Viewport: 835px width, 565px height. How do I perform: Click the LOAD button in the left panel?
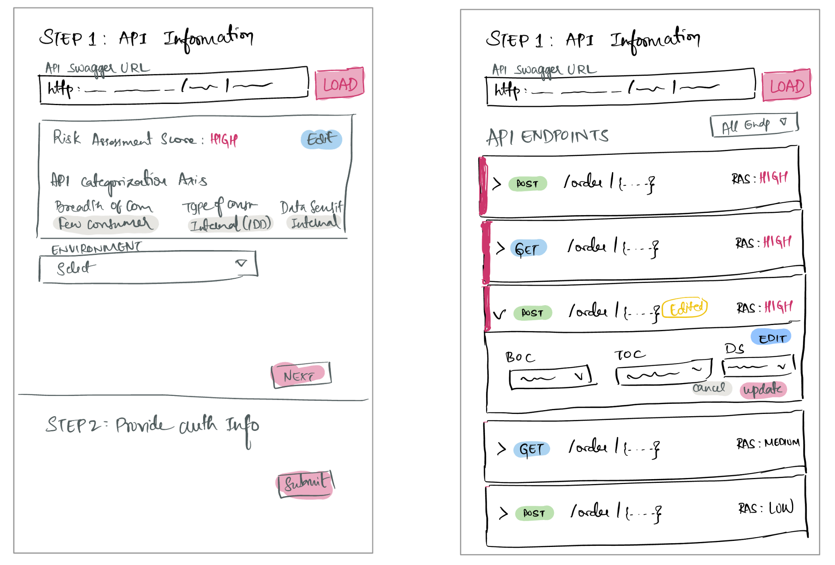(x=340, y=84)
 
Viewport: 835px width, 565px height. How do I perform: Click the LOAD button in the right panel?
(x=786, y=86)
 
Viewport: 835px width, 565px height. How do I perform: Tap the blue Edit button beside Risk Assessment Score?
(x=321, y=139)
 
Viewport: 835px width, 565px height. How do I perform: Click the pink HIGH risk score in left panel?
(x=224, y=140)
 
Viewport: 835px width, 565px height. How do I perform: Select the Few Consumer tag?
(x=106, y=224)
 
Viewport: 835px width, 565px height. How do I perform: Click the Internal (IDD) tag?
(x=230, y=224)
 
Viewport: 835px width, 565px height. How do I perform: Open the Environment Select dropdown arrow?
(x=241, y=263)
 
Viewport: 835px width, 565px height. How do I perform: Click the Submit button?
(x=306, y=483)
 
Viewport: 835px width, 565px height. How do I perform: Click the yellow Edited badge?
(x=685, y=308)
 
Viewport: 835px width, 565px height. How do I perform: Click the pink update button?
(x=763, y=389)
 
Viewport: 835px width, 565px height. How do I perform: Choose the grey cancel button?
(x=709, y=388)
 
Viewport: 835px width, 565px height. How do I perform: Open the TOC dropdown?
(x=663, y=373)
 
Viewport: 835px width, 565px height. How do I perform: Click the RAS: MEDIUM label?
(x=768, y=443)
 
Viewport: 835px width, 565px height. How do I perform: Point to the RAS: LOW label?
(x=766, y=508)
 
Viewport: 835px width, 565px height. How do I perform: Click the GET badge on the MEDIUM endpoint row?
(x=531, y=449)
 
